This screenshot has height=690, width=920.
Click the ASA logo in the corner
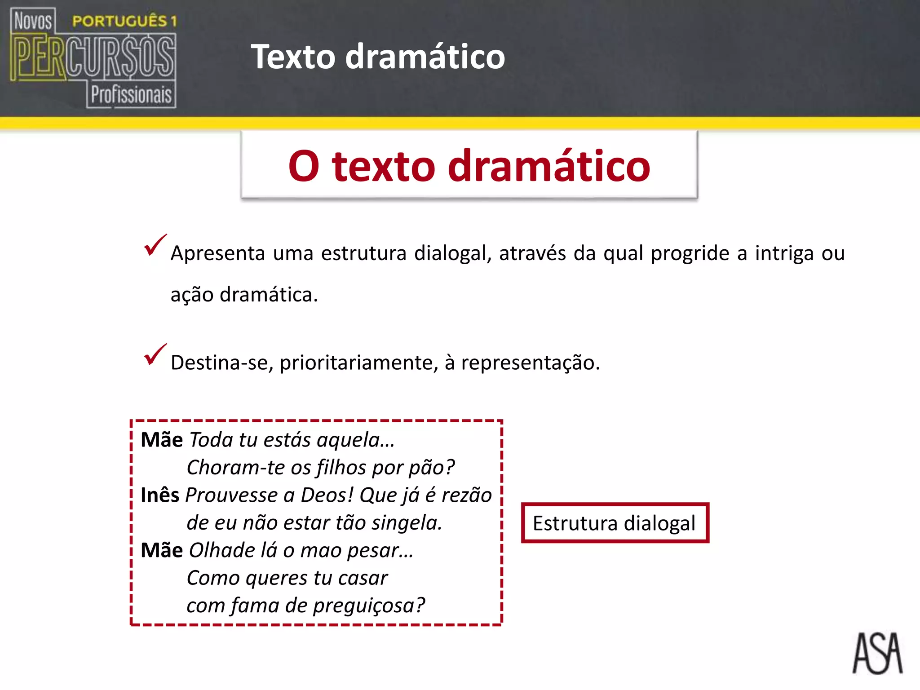pyautogui.click(x=877, y=653)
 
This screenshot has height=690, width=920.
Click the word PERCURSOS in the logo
pyautogui.click(x=93, y=57)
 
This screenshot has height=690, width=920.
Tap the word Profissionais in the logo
pyautogui.click(x=131, y=95)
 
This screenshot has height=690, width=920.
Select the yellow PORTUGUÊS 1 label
pyautogui.click(x=124, y=21)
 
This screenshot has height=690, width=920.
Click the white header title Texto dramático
pyautogui.click(x=378, y=57)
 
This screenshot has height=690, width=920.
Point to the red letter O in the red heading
pyautogui.click(x=304, y=166)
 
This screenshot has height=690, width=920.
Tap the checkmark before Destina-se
pyautogui.click(x=155, y=355)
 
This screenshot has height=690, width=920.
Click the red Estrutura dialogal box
pyautogui.click(x=615, y=523)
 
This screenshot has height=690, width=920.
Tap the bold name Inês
pyautogui.click(x=160, y=495)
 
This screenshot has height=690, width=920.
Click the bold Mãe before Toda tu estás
pyautogui.click(x=162, y=440)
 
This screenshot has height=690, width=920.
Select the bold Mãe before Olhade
pyautogui.click(x=162, y=550)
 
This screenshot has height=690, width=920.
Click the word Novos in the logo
pyautogui.click(x=33, y=21)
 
